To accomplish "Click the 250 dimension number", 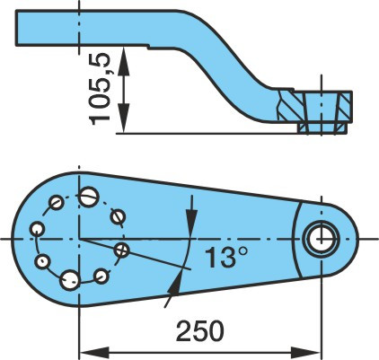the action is [199, 331].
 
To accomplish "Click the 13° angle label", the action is [226, 257].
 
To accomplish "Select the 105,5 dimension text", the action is [101, 89].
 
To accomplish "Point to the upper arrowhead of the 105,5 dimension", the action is [124, 60].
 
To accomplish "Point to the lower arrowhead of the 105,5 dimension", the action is [124, 118].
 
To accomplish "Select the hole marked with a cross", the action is [121, 250].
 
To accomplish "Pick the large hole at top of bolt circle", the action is [89, 197].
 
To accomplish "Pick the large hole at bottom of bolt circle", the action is [70, 280].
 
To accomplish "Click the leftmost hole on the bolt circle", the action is [38, 230].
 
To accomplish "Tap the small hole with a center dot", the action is [43, 262].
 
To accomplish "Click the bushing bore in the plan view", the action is [321, 239].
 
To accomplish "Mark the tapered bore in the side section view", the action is [322, 112].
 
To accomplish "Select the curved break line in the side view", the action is [280, 105].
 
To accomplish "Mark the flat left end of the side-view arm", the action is [16, 28].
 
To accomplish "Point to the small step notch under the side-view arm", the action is [148, 47].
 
